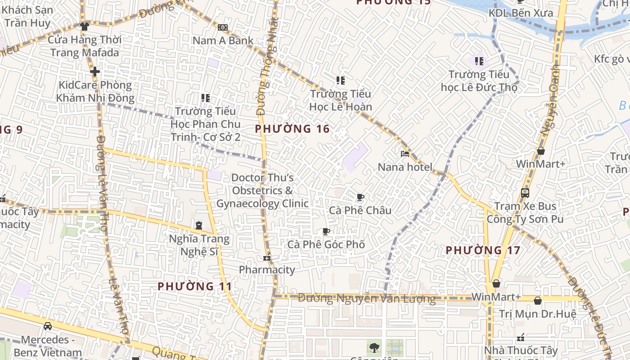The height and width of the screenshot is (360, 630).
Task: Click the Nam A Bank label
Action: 223,40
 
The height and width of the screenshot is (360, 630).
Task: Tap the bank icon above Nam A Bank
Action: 223,27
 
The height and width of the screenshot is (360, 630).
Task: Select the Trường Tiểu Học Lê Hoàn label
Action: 341,100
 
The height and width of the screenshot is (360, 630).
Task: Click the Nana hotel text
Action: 405,167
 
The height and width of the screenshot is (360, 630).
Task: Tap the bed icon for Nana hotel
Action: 405,154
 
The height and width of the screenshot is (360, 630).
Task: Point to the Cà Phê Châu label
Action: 360,210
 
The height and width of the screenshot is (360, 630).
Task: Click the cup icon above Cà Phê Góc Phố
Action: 326,232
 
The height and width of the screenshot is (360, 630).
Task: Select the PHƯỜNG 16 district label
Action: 292,129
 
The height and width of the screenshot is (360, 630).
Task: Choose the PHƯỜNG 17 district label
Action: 483,250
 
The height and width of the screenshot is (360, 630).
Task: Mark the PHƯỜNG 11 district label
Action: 195,286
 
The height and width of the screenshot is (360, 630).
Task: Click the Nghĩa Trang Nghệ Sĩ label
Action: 199,245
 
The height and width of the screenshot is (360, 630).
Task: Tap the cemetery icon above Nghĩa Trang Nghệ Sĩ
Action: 199,225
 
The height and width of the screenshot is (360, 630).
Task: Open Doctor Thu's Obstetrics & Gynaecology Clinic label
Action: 262,190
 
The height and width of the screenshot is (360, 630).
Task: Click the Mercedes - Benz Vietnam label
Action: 48,346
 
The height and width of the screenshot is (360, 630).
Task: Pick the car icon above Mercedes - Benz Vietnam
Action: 48,326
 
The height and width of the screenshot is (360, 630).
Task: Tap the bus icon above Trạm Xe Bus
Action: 525,193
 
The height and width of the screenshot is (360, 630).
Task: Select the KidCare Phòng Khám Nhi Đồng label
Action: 95,91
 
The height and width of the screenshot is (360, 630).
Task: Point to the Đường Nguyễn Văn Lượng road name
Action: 367,298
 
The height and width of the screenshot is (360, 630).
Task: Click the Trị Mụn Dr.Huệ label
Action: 538,314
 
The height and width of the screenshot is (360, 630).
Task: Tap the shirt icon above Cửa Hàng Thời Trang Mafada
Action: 84,27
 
